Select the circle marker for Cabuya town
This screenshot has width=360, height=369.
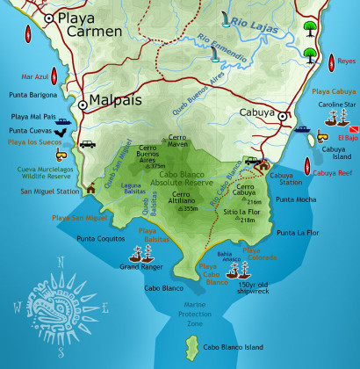click(x=284, y=115)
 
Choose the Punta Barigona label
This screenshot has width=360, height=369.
click(x=32, y=93)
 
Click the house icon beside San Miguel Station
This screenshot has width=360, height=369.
click(x=90, y=186)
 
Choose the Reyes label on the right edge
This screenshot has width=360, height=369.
click(x=345, y=61)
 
